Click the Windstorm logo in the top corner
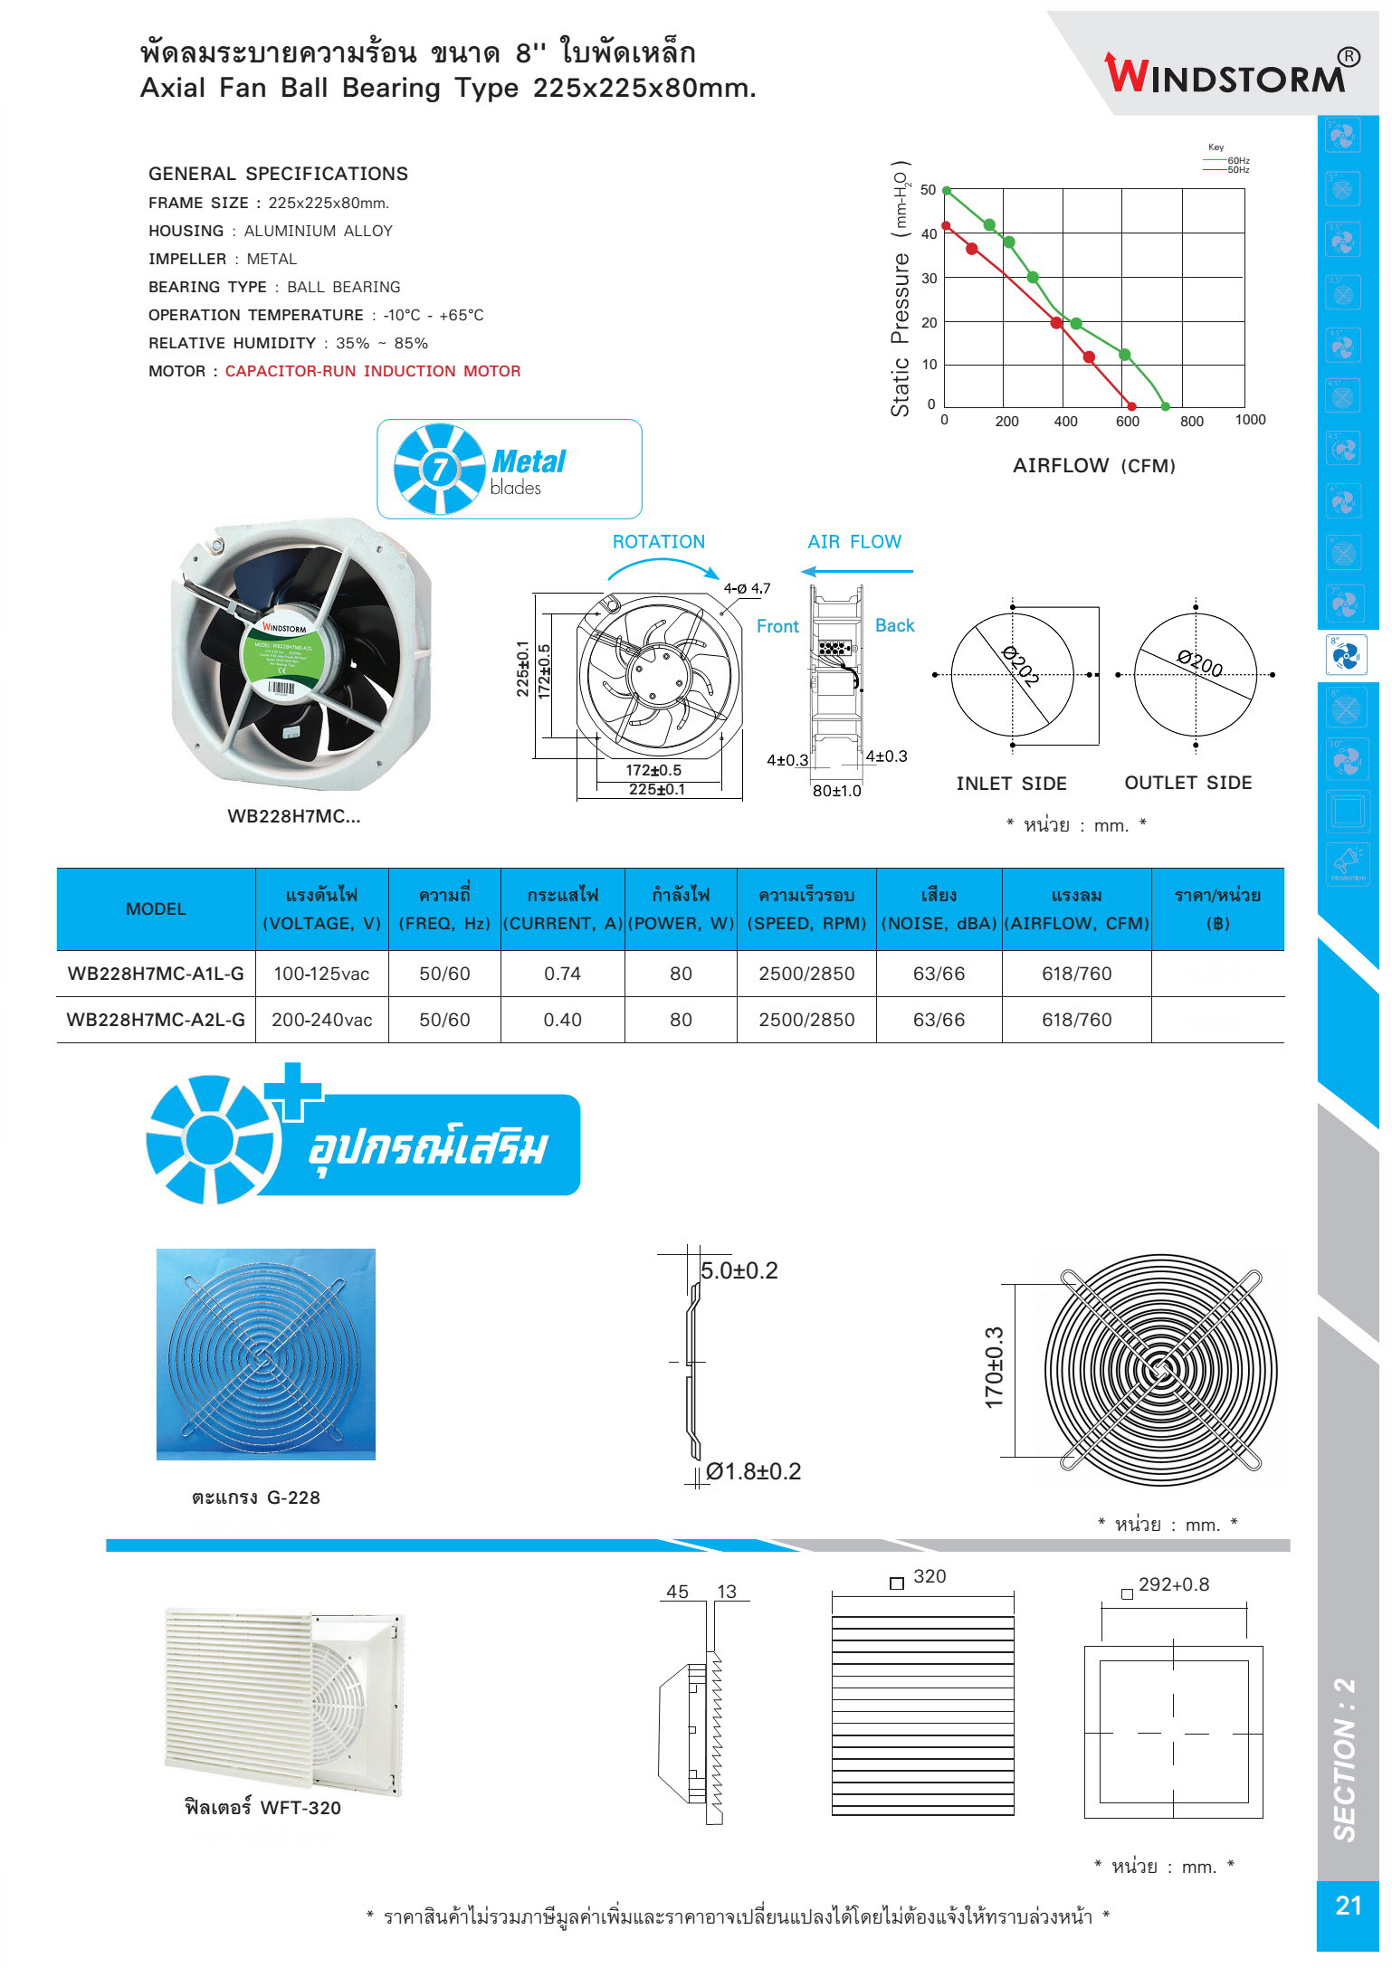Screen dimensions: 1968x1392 [x=1230, y=72]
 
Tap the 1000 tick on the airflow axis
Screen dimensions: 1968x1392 [x=1250, y=420]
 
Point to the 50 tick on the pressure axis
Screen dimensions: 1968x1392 [x=928, y=190]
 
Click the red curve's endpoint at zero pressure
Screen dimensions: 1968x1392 [x=1131, y=406]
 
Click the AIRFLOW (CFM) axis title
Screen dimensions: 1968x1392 [x=1093, y=466]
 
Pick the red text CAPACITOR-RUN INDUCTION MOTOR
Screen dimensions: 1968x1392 [x=373, y=371]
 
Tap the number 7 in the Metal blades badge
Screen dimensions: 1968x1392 [x=440, y=469]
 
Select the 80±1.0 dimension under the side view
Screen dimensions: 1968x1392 [x=836, y=791]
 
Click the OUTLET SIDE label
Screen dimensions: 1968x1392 [x=1187, y=783]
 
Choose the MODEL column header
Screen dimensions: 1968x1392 [x=156, y=909]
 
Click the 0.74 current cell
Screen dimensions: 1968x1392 [x=562, y=974]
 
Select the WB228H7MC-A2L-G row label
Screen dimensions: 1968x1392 [x=156, y=1020]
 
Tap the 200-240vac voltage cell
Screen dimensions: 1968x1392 [x=321, y=1020]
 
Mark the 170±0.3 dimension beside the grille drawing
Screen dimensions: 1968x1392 [x=995, y=1367]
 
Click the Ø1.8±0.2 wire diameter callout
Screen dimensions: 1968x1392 [x=753, y=1471]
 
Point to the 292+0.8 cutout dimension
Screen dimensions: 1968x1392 [x=1173, y=1584]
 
